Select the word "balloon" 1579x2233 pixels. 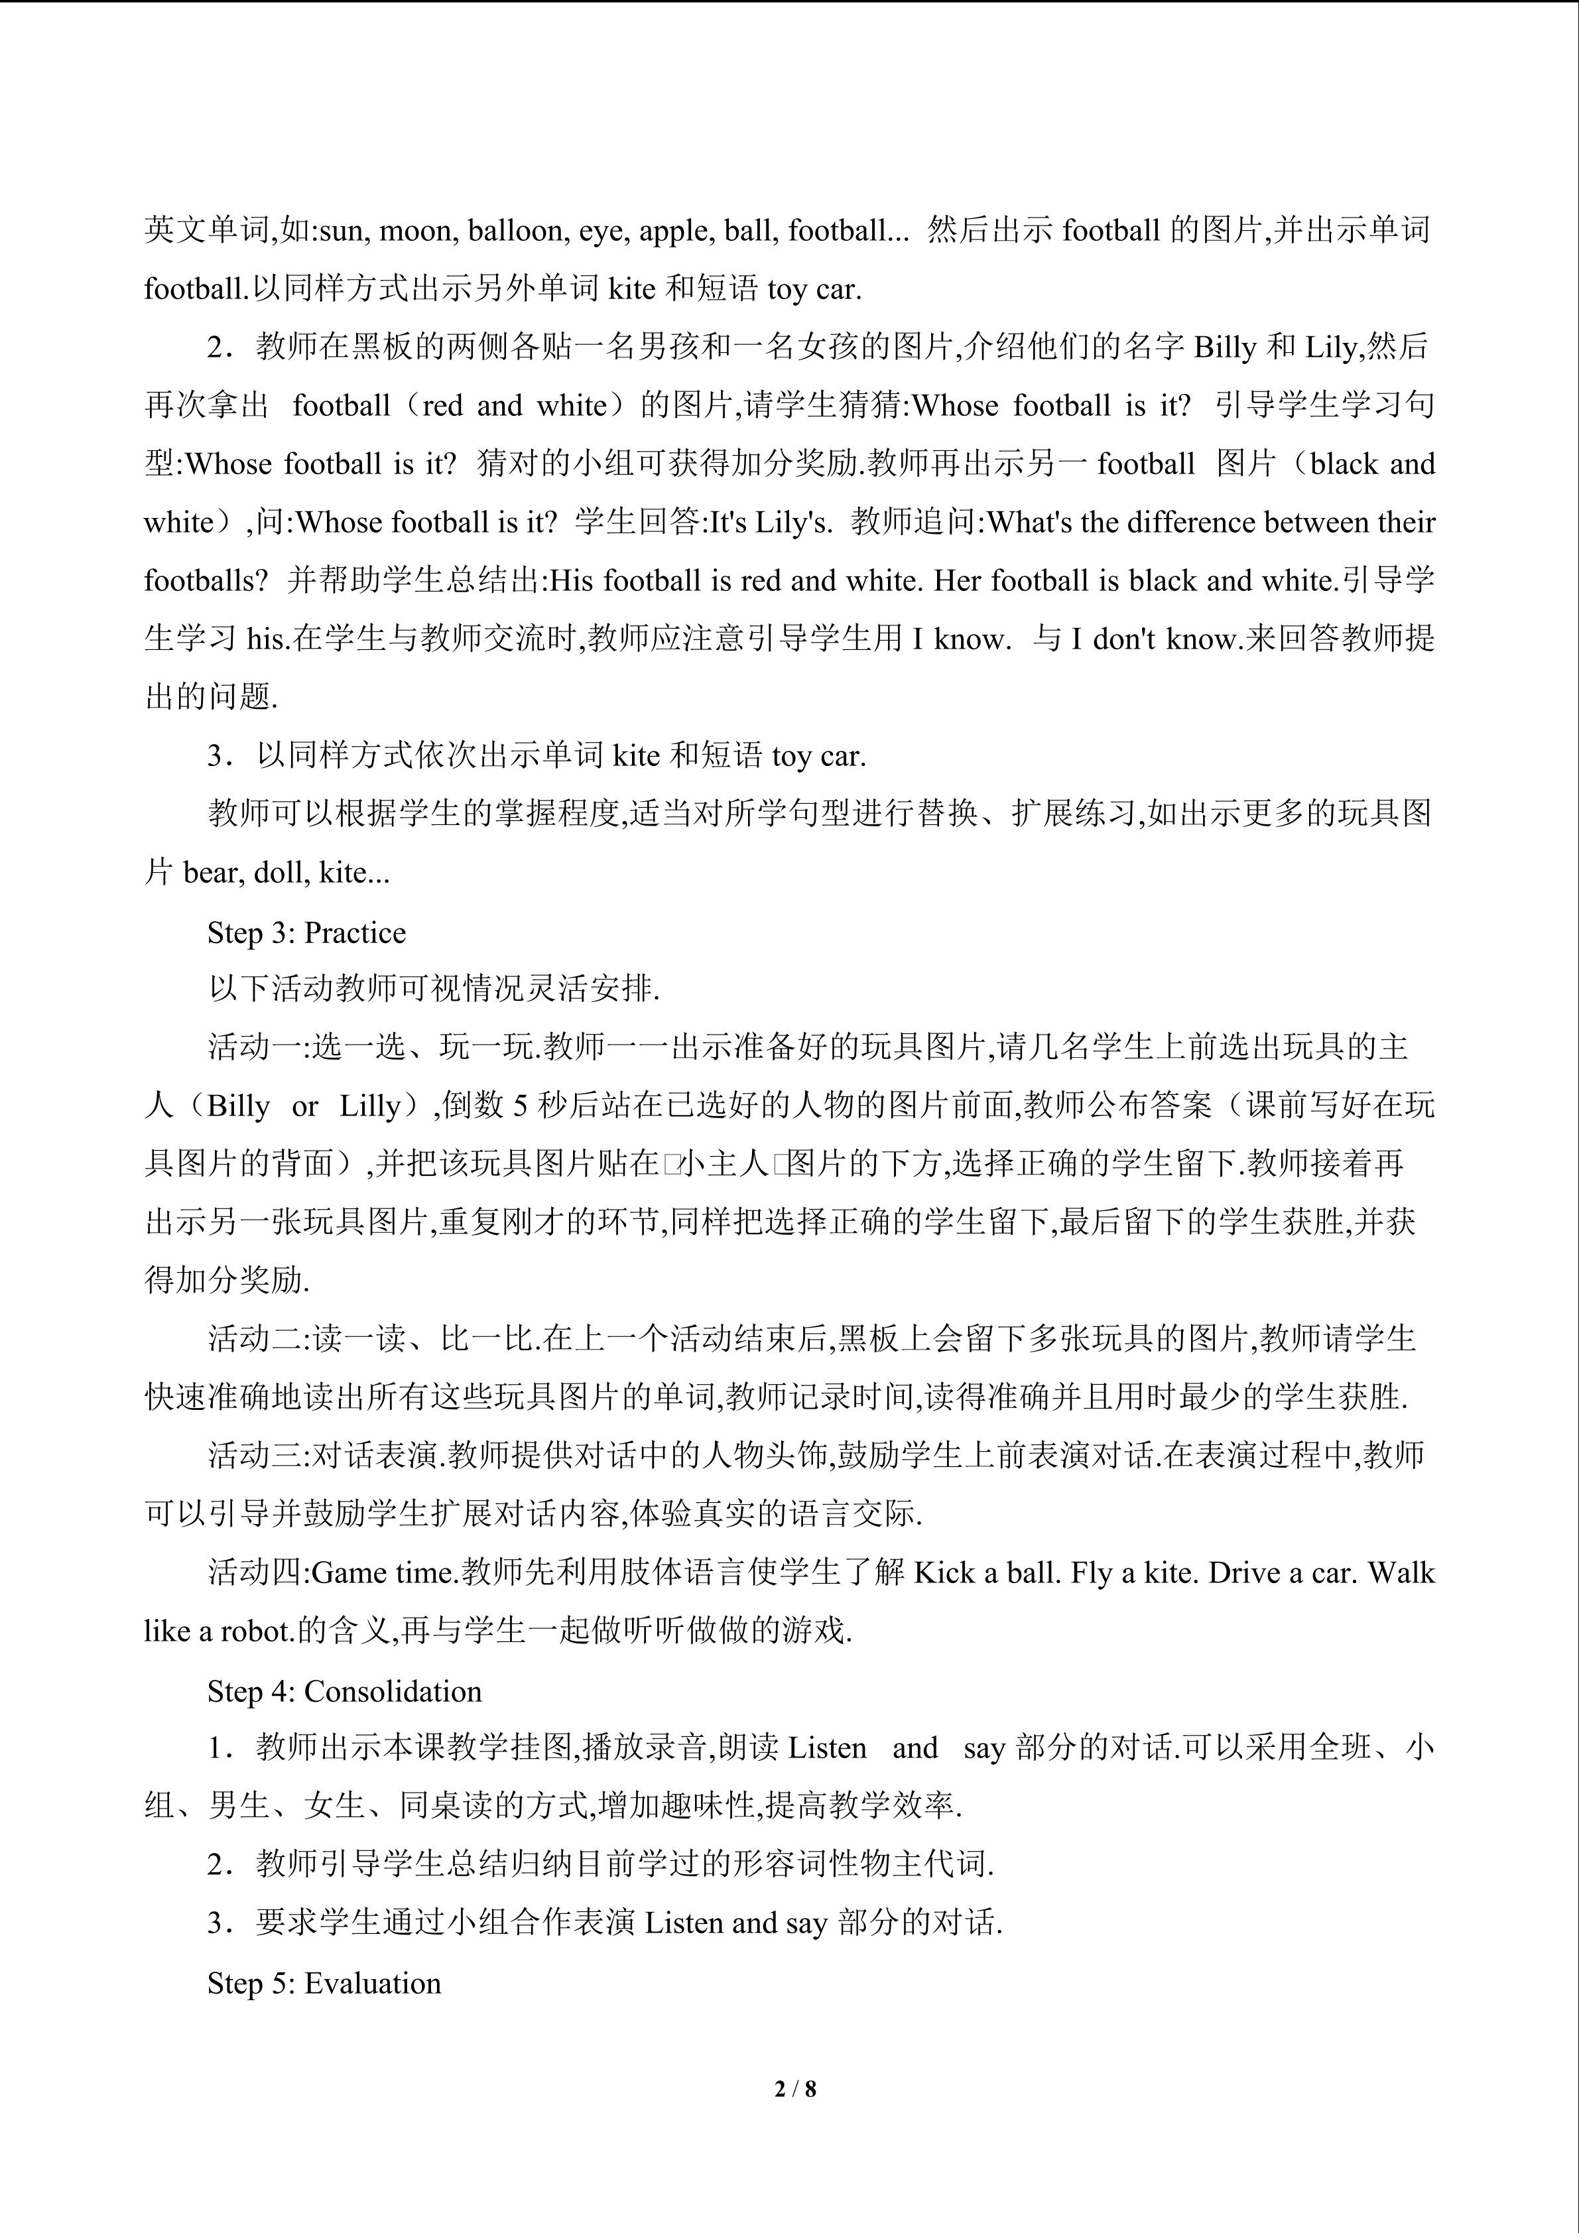pyautogui.click(x=515, y=231)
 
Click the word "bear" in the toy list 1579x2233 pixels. pyautogui.click(x=209, y=872)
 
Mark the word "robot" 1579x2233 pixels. pyautogui.click(x=257, y=1631)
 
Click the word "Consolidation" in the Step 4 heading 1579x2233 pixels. pyautogui.click(x=393, y=1691)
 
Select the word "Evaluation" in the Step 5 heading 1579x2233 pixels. pyautogui.click(x=373, y=1983)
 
